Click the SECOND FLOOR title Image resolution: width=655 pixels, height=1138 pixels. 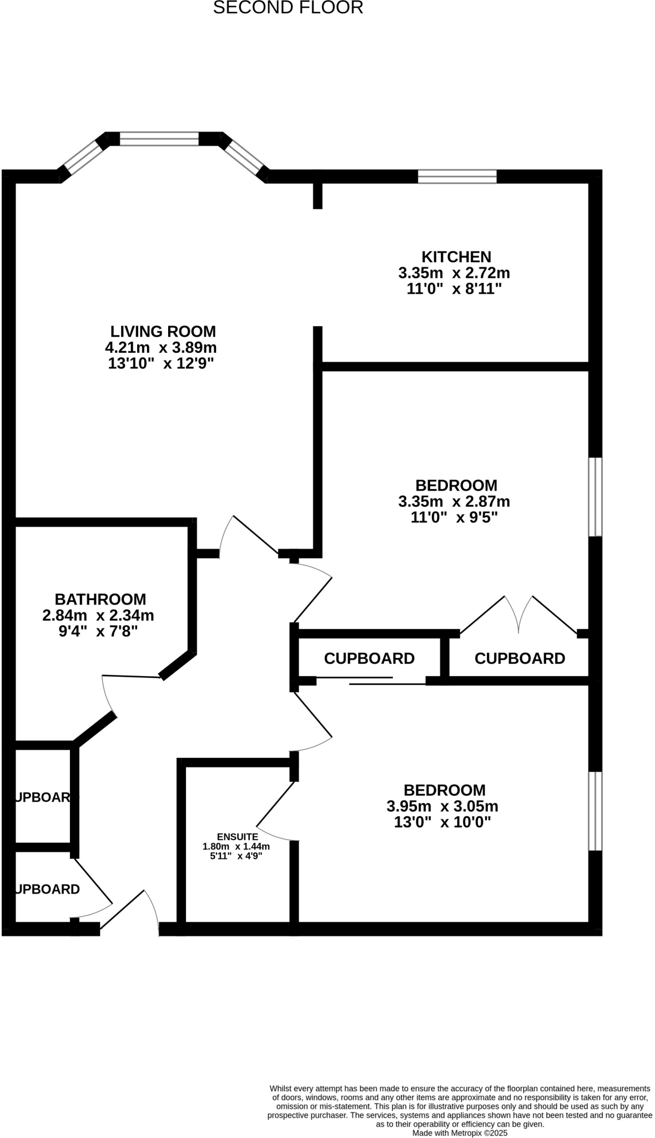point(288,8)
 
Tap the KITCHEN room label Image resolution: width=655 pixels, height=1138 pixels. point(456,257)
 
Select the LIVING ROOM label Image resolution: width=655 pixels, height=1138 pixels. point(163,331)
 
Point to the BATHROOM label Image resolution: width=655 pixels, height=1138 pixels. point(100,599)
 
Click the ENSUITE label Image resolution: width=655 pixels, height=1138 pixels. point(237,837)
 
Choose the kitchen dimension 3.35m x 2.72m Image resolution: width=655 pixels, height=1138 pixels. point(454,273)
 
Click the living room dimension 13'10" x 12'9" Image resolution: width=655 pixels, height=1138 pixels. point(161,363)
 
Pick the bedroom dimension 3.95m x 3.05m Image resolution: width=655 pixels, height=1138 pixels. point(442,806)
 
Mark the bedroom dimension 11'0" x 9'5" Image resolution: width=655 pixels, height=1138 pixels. point(454,517)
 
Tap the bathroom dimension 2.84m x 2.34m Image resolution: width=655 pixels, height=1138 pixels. point(98,615)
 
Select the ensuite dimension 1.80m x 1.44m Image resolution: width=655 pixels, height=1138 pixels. point(236,847)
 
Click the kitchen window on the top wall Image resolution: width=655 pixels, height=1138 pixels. point(457,177)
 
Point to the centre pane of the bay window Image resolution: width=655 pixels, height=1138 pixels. point(159,138)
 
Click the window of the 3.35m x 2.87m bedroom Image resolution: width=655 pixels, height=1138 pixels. point(595,497)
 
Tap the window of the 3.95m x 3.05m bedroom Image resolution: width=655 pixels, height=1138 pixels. point(595,811)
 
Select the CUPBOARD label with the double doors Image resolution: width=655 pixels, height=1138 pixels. point(520,658)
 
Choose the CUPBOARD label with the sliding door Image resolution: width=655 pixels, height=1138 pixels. point(369,658)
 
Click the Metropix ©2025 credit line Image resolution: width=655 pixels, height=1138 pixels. point(460,1132)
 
